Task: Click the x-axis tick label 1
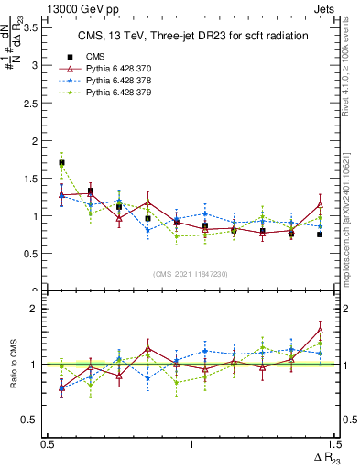pyautogui.click(x=191, y=443)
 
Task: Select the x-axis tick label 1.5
pyautogui.click(x=334, y=443)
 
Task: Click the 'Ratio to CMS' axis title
pyautogui.click(x=12, y=364)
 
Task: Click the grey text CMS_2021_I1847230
pyautogui.click(x=191, y=274)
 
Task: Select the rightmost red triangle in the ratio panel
pyautogui.click(x=320, y=330)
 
